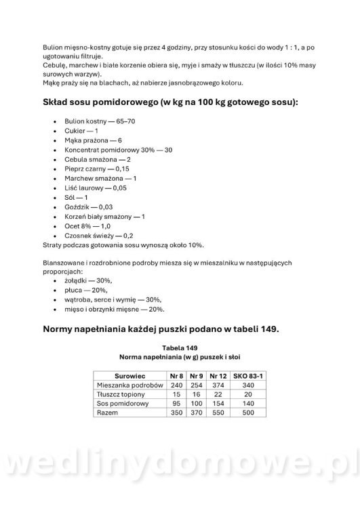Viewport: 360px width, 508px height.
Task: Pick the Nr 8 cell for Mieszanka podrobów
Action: [176, 384]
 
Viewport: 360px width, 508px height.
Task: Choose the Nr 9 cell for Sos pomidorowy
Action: [197, 403]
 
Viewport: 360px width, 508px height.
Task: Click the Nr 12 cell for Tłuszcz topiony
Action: [218, 394]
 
